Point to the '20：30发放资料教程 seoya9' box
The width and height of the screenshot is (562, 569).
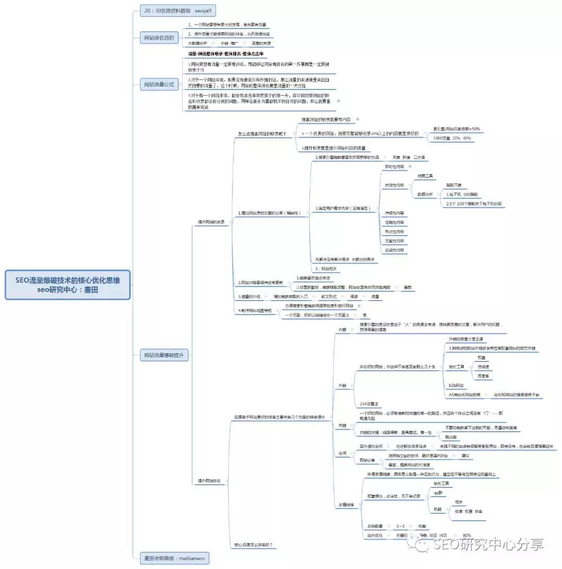tap(177, 10)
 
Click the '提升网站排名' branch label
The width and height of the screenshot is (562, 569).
tap(210, 481)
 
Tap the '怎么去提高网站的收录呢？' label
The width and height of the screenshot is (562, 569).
tap(262, 134)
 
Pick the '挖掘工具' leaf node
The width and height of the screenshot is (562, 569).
tap(425, 176)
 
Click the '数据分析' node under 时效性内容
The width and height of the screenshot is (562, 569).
tap(425, 194)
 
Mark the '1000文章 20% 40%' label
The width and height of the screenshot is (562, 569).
tap(452, 138)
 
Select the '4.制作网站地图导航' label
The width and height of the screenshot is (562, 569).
tap(255, 311)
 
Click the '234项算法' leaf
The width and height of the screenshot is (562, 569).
tap(369, 404)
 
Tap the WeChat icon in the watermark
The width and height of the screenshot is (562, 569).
tap(421, 545)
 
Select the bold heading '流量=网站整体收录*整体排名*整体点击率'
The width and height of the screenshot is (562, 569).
tap(226, 54)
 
